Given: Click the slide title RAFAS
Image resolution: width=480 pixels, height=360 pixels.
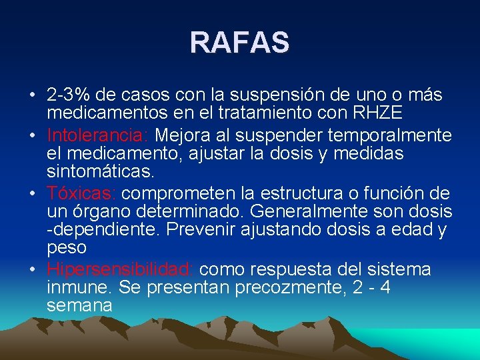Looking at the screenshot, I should pyautogui.click(x=239, y=42).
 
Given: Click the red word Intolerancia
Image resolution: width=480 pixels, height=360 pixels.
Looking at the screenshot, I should pyautogui.click(x=97, y=136).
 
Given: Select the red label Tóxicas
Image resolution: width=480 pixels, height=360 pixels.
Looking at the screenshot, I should pyautogui.click(x=81, y=193).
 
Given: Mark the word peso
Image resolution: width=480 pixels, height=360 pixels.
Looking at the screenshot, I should pyautogui.click(x=67, y=247).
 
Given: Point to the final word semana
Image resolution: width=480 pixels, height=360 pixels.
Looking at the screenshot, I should pyautogui.click(x=79, y=305).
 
